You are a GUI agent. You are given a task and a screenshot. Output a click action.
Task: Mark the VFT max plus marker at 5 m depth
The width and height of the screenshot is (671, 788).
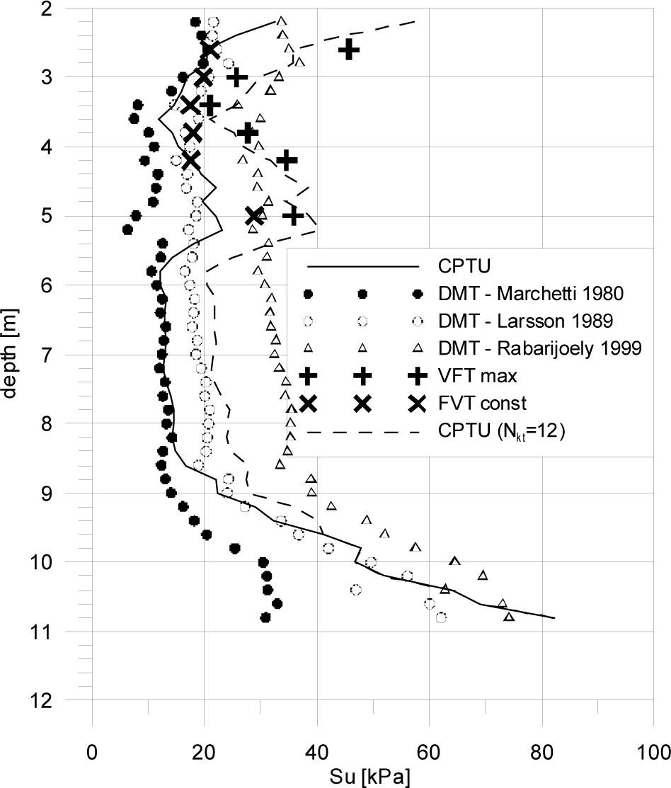293,216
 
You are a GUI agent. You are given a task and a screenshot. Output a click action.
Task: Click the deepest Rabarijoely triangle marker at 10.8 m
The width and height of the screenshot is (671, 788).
509,617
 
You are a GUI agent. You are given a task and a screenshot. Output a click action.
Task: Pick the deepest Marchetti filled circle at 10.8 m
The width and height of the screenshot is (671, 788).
265,617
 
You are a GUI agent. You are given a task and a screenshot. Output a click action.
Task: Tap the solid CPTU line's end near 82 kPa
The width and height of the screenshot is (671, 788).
554,618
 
